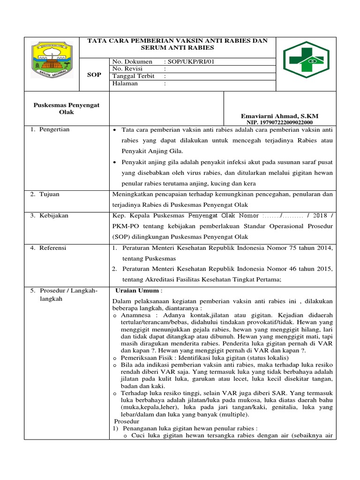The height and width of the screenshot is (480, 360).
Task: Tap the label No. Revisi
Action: pyautogui.click(x=128, y=69)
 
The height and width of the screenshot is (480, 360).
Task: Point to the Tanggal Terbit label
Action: pyautogui.click(x=133, y=76)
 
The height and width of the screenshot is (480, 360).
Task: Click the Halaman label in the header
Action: pyautogui.click(x=125, y=84)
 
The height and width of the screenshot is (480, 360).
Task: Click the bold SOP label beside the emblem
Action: pyautogui.click(x=94, y=75)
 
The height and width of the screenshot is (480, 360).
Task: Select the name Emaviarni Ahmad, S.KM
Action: pyautogui.click(x=280, y=116)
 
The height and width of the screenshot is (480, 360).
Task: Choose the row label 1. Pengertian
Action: pyautogui.click(x=50, y=129)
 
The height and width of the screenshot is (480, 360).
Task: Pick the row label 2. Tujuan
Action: pyautogui.click(x=45, y=194)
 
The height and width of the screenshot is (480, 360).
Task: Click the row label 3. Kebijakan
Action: pyautogui.click(x=49, y=216)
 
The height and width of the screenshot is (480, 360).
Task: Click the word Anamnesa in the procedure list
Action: pyautogui.click(x=135, y=316)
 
